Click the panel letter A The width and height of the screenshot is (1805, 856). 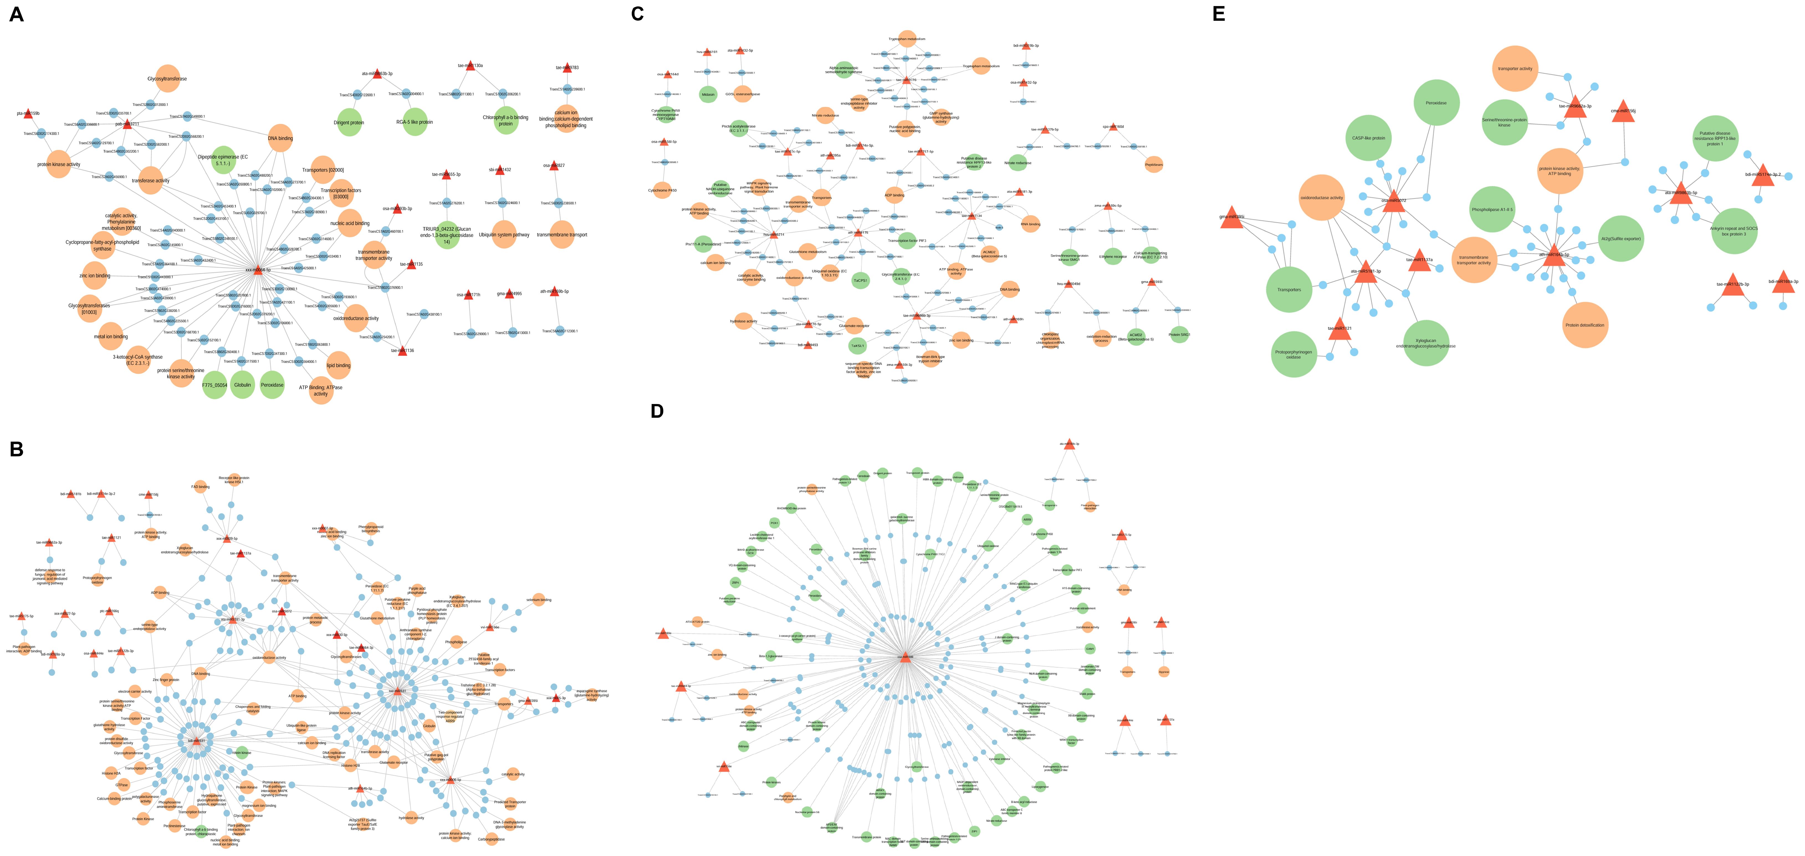coord(16,14)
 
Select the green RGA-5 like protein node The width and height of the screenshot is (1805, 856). coord(415,122)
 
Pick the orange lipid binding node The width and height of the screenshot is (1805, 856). coord(338,365)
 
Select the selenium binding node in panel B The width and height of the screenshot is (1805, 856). coord(538,600)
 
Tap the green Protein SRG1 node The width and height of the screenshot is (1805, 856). coord(1179,335)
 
